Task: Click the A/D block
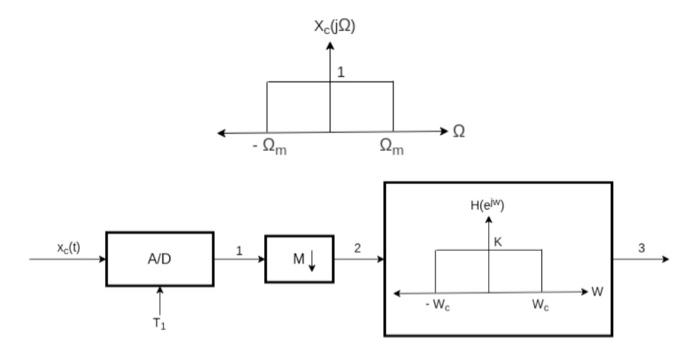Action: tap(160, 258)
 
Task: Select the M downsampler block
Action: tap(299, 259)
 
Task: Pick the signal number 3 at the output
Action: tap(641, 248)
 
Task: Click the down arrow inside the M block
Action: tap(311, 260)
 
